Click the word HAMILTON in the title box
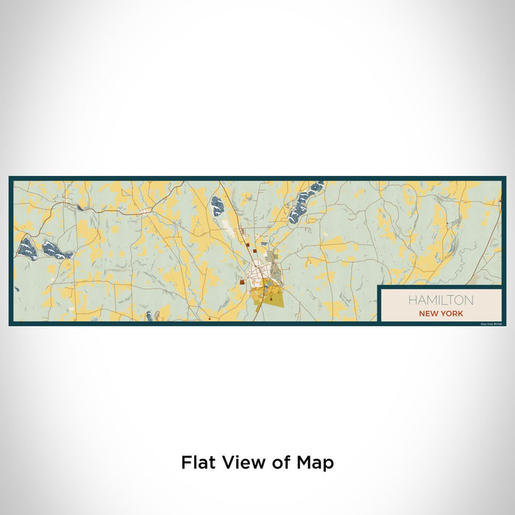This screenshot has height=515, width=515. [441, 300]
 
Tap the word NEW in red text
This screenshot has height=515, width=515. [430, 313]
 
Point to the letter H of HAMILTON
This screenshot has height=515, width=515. [413, 300]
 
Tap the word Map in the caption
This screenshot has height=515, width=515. [316, 463]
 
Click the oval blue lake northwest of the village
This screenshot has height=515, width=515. [218, 205]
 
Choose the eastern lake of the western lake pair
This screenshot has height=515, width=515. [56, 251]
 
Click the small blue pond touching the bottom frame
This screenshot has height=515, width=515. [149, 316]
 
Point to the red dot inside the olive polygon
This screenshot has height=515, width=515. [271, 299]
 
